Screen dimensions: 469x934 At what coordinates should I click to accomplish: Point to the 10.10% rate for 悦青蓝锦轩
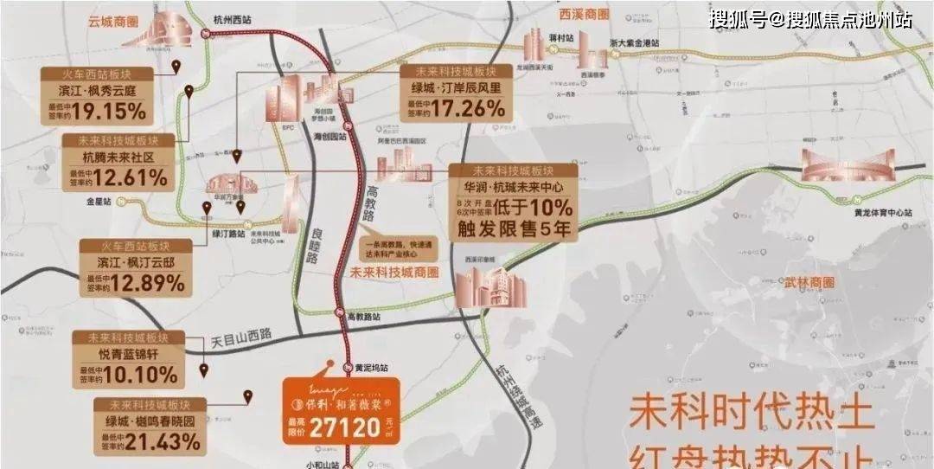click(x=145, y=375)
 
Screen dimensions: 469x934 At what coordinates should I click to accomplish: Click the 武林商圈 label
click(x=810, y=284)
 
